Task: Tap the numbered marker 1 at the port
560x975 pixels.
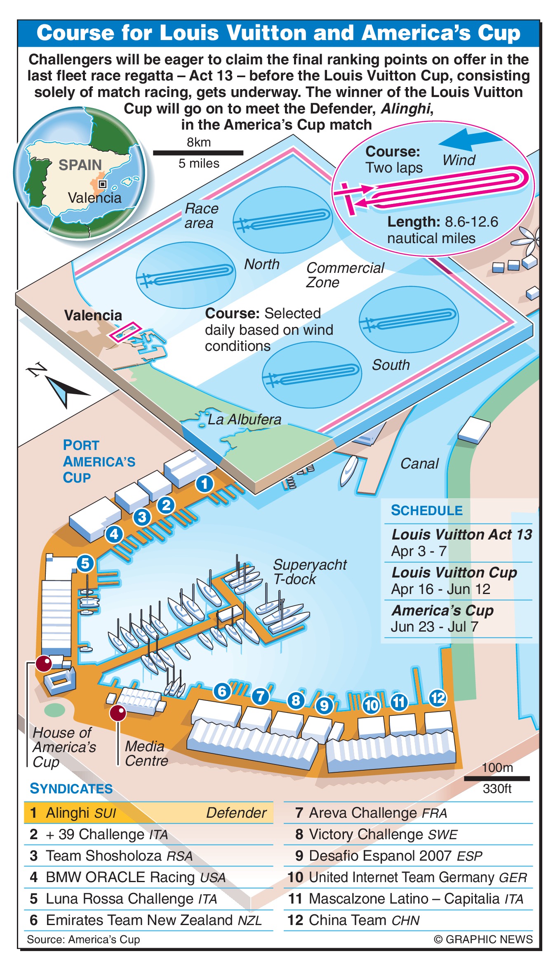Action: coord(205,483)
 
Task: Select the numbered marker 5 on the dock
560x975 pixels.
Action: coord(85,563)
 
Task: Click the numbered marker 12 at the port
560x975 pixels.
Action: coord(438,698)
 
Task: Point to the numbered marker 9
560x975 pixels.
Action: coord(325,705)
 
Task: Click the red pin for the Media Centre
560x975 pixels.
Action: coord(118,713)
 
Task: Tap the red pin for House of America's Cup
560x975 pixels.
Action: coord(44,664)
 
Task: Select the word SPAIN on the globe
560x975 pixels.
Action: coord(80,165)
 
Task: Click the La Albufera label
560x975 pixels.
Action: coord(244,420)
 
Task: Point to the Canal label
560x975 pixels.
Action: coord(419,464)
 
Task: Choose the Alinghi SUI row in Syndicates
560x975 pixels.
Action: coord(148,813)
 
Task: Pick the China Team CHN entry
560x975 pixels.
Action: coord(364,920)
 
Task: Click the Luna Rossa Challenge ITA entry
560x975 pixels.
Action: coord(131,899)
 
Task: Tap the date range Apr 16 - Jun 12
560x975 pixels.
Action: coord(440,589)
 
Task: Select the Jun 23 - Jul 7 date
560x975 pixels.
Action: coord(434,627)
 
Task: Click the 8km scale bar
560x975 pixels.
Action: coord(198,153)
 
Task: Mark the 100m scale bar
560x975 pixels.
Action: coord(497,779)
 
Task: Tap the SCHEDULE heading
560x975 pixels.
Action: coord(427,511)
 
